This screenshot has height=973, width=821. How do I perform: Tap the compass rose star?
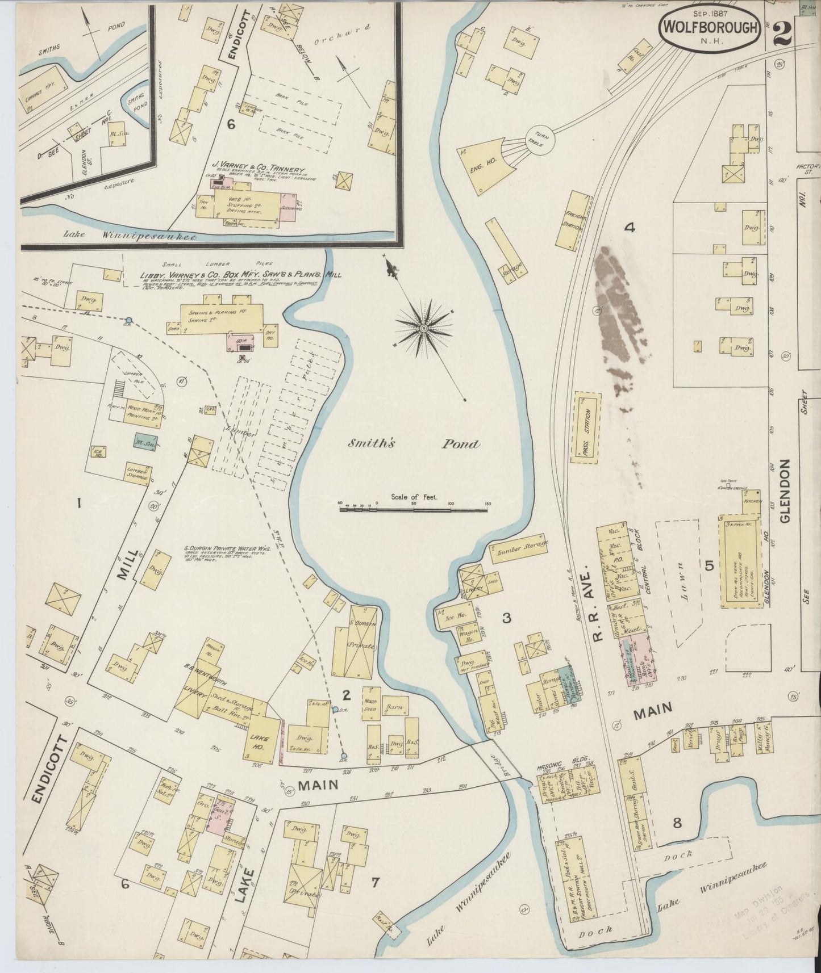point(423,328)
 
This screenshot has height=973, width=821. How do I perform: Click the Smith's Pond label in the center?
point(414,444)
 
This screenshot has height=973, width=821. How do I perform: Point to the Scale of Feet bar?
point(414,510)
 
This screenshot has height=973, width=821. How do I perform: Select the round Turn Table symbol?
point(541,140)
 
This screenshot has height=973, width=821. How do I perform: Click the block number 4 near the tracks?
point(628,228)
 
